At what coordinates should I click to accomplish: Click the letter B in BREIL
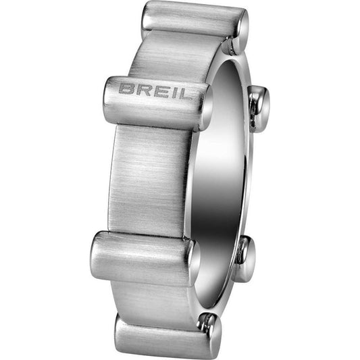click(126, 88)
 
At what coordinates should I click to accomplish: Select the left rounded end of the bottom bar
click(122, 330)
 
